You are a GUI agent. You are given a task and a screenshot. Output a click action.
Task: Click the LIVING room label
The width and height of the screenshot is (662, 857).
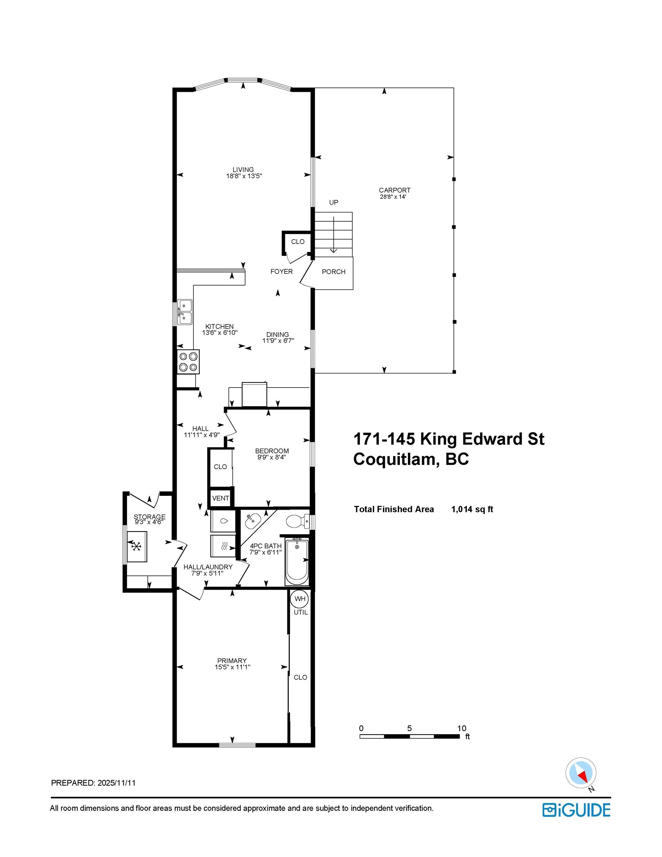[x=243, y=170]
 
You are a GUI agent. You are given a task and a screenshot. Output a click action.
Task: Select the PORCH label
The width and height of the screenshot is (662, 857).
[x=333, y=272]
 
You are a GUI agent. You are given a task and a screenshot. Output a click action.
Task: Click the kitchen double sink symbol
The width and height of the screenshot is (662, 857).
[x=184, y=312]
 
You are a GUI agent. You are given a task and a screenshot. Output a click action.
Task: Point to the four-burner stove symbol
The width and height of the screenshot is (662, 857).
[x=188, y=362]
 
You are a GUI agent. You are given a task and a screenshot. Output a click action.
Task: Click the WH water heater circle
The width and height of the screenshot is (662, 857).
[x=300, y=599]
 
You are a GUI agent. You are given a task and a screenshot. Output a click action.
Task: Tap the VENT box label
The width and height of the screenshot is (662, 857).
[x=220, y=498]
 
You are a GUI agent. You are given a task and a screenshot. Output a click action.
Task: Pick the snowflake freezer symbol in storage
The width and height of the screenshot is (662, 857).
[x=136, y=546]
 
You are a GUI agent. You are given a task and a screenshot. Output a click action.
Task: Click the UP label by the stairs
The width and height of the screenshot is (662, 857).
[x=334, y=202]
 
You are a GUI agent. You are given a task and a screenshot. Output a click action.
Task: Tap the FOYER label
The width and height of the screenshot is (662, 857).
[x=282, y=272]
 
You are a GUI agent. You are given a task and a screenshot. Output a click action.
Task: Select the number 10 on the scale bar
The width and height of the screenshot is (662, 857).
[x=462, y=728]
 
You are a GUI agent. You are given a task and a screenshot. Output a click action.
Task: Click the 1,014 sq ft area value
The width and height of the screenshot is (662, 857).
[x=472, y=509]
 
